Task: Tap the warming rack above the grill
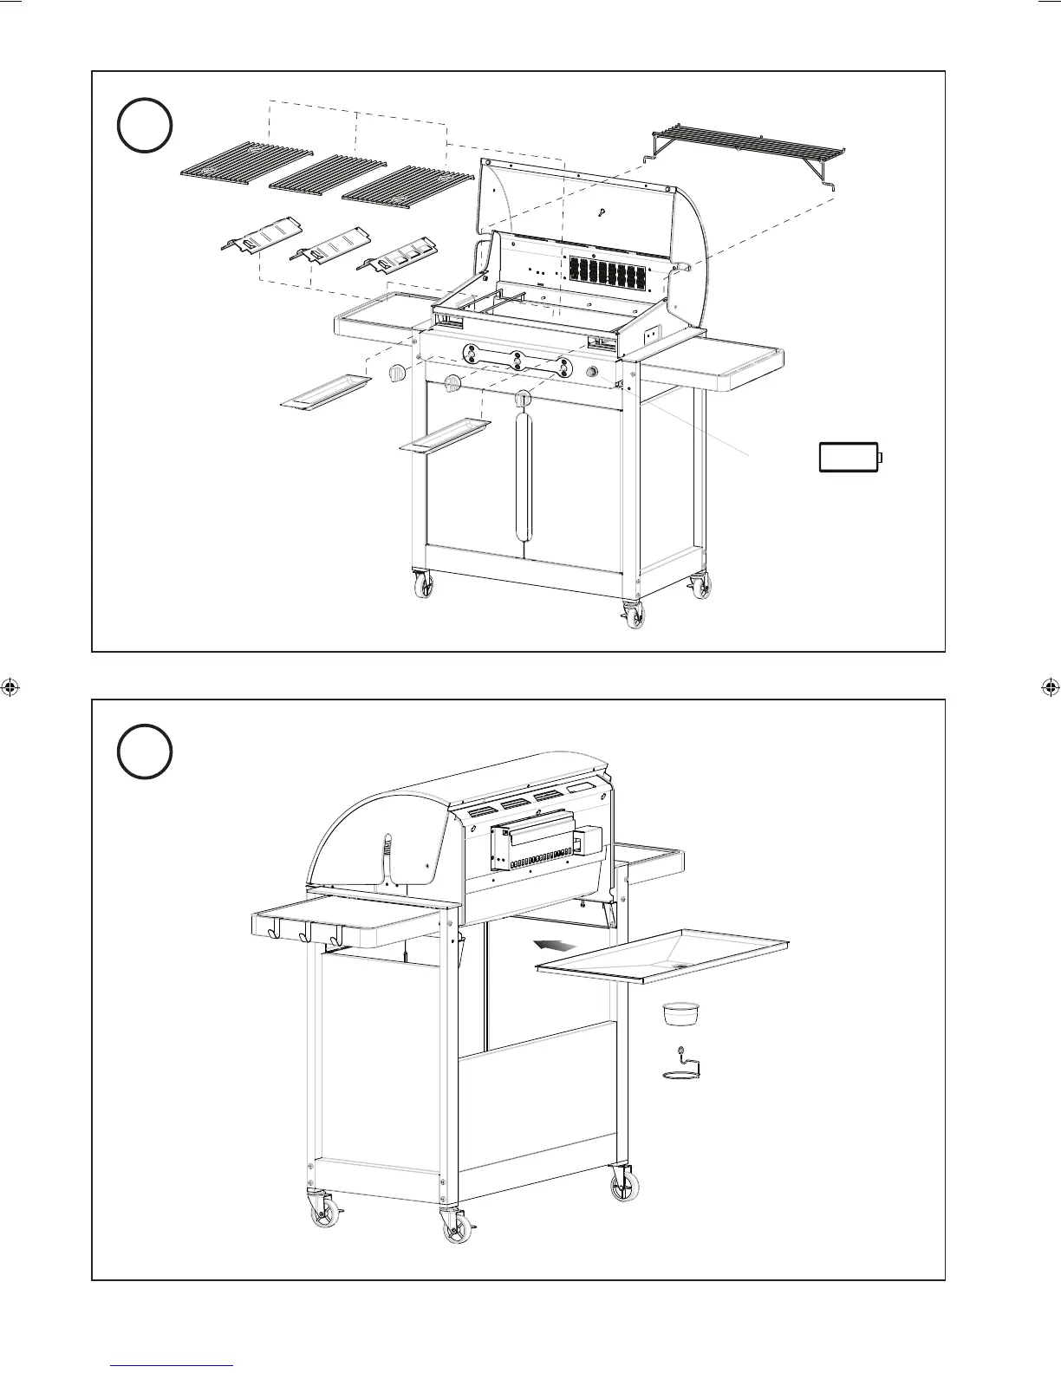tap(745, 144)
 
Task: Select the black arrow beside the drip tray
tap(554, 945)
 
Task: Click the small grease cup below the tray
tap(680, 1012)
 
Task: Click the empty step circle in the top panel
tap(145, 127)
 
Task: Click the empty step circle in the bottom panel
tap(145, 752)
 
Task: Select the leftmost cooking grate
tap(246, 162)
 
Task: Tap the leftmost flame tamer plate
tap(260, 238)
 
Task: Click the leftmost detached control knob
tap(397, 374)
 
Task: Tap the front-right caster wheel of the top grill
tap(635, 615)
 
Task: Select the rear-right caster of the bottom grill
tap(623, 1183)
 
